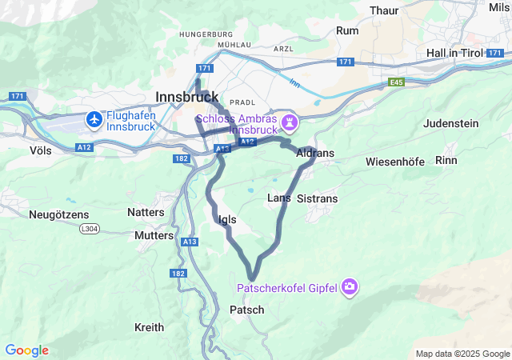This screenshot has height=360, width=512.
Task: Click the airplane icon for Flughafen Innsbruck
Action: click(95, 119)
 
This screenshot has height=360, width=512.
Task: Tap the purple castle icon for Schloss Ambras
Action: click(289, 122)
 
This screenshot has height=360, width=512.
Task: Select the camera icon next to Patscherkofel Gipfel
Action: click(350, 286)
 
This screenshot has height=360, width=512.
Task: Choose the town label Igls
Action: click(226, 218)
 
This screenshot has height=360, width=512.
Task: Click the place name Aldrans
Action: click(315, 153)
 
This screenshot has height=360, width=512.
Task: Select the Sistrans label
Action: click(318, 198)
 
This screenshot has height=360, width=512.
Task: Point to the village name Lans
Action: click(278, 197)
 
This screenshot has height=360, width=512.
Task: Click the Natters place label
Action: click(146, 212)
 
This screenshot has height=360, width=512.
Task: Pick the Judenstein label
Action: click(450, 123)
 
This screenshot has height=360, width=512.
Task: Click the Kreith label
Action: click(149, 327)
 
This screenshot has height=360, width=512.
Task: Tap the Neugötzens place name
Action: click(59, 214)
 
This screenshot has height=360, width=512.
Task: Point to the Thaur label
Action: click(386, 10)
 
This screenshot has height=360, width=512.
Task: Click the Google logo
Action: click(26, 350)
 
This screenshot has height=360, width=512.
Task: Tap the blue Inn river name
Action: click(294, 82)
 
